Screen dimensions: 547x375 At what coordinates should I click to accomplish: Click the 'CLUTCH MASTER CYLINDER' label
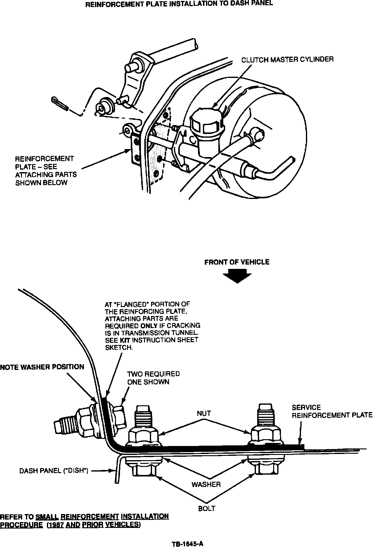click(x=287, y=59)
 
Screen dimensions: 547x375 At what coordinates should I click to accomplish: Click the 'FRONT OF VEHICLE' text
click(x=237, y=262)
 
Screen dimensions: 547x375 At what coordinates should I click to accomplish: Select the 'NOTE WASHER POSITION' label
click(x=42, y=367)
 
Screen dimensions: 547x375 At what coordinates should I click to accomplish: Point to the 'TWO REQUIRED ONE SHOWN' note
click(x=153, y=378)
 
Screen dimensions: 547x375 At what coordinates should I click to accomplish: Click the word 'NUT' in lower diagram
click(x=204, y=413)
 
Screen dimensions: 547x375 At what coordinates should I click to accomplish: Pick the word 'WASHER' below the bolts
click(x=206, y=484)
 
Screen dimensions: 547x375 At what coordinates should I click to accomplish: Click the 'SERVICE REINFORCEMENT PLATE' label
click(x=332, y=411)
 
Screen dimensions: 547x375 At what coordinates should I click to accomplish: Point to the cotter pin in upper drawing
click(x=59, y=103)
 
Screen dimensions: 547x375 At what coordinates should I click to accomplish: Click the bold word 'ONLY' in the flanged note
click(x=149, y=326)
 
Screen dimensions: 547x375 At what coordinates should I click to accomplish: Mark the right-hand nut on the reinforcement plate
click(x=266, y=435)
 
